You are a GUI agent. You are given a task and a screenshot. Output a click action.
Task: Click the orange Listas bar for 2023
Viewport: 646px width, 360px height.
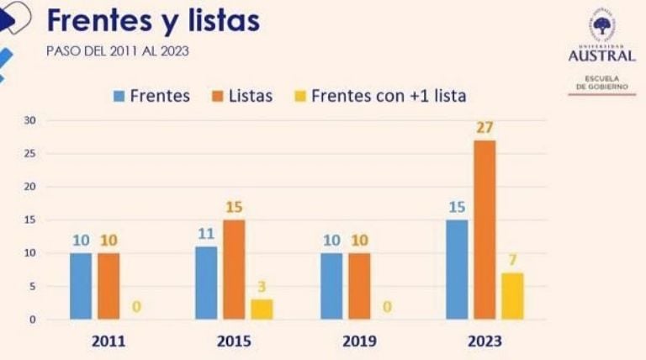pyautogui.click(x=484, y=230)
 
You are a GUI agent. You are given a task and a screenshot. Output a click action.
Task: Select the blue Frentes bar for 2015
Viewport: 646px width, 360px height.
pyautogui.click(x=206, y=283)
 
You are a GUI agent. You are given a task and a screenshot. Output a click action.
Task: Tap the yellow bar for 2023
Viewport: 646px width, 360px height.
pyautogui.click(x=512, y=296)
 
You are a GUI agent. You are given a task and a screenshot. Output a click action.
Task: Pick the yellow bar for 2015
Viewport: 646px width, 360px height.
pyautogui.click(x=262, y=309)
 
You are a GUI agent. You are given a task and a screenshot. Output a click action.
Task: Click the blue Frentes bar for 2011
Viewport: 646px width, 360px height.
pyautogui.click(x=81, y=286)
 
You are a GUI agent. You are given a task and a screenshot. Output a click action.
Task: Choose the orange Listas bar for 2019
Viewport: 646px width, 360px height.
pyautogui.click(x=358, y=286)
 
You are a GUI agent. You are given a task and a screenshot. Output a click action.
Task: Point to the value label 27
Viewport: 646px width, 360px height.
pyautogui.click(x=484, y=128)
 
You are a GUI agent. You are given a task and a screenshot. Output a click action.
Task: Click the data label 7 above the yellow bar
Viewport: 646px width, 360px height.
pyautogui.click(x=512, y=259)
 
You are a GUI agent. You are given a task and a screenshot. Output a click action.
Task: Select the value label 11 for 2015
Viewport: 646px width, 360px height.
pyautogui.click(x=206, y=233)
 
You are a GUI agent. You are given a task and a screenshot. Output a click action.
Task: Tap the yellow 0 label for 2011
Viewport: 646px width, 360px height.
pyautogui.click(x=136, y=307)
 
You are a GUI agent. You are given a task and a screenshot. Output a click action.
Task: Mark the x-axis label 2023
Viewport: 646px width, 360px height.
pyautogui.click(x=484, y=341)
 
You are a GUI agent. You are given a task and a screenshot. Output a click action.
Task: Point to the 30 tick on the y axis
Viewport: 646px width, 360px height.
pyautogui.click(x=31, y=120)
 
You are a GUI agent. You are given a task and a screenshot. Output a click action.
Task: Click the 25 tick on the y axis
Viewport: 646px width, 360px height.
pyautogui.click(x=31, y=154)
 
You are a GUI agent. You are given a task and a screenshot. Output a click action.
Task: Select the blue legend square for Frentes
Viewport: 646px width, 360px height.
pyautogui.click(x=119, y=96)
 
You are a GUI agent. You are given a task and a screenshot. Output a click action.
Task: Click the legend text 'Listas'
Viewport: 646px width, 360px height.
pyautogui.click(x=251, y=96)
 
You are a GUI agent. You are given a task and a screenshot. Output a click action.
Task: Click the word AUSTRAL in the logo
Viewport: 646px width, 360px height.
pyautogui.click(x=602, y=56)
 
